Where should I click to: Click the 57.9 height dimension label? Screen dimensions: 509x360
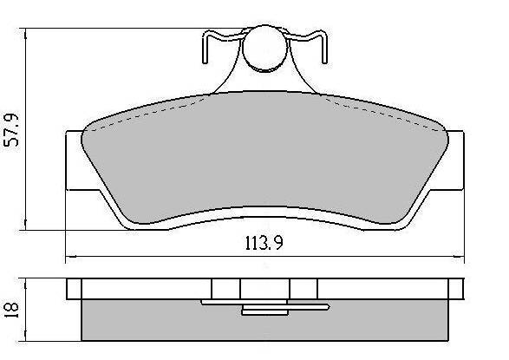coord(10,130)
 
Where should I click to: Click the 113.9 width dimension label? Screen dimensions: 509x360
coord(264,243)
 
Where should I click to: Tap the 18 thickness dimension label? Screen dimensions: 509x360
coord(11,311)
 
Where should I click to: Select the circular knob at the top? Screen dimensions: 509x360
coord(265,48)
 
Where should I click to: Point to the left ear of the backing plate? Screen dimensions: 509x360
coord(74,160)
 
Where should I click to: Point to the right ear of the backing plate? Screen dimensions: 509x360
coord(455,160)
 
